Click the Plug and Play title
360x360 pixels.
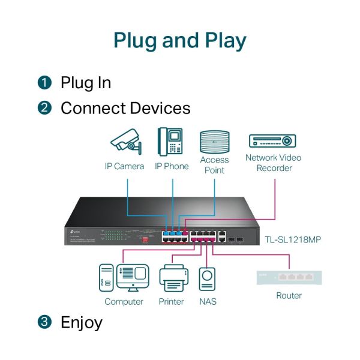tap(180, 41)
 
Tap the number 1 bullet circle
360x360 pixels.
tap(44, 83)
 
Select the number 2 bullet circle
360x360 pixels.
tap(44, 109)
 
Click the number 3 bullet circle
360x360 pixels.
tap(44, 322)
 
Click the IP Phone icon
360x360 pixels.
tap(170, 142)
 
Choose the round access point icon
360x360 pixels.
tap(214, 141)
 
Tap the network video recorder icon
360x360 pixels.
tap(273, 141)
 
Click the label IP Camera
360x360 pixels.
tap(124, 166)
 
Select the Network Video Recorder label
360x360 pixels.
tap(274, 163)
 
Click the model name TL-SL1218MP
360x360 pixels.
tap(293, 240)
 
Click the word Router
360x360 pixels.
tap(289, 295)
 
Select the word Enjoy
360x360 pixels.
tap(82, 322)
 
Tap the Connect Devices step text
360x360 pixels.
tap(125, 109)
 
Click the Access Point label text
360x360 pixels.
tap(214, 165)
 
